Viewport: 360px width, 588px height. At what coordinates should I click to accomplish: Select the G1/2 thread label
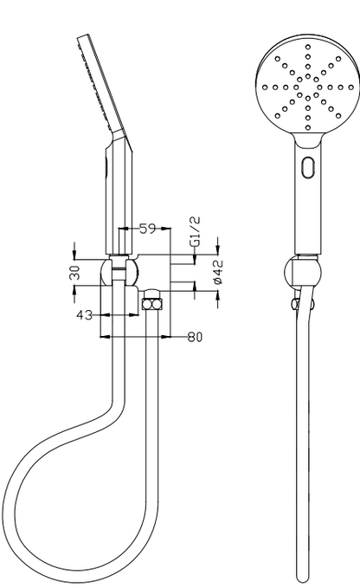195,231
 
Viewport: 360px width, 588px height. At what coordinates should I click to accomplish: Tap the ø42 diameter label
217,271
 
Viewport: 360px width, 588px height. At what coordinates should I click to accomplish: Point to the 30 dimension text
75,273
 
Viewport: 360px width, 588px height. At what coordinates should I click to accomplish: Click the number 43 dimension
85,315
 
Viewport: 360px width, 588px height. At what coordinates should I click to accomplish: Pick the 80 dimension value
195,337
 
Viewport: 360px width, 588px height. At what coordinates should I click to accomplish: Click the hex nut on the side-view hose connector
152,304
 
